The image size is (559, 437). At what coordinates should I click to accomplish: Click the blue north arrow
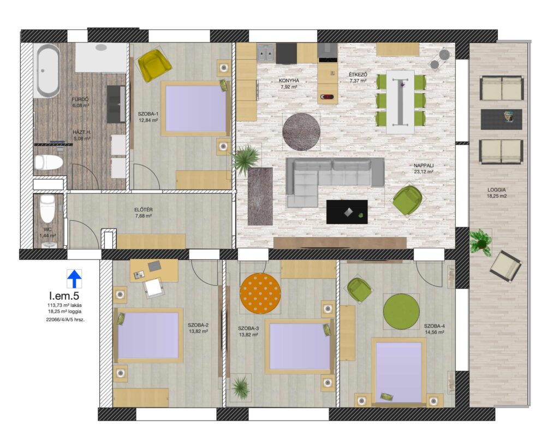(74, 279)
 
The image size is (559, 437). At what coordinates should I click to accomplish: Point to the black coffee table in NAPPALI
(347, 212)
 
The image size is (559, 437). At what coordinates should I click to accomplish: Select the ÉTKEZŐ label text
(358, 75)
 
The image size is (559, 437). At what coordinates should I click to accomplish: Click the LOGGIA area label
(497, 190)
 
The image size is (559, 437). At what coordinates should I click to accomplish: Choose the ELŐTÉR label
(144, 210)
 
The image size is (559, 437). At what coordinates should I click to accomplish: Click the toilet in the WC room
(47, 208)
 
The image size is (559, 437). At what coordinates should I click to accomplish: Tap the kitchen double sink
(266, 53)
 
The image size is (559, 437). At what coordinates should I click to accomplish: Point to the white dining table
(400, 102)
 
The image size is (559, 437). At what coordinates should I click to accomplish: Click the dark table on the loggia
(501, 120)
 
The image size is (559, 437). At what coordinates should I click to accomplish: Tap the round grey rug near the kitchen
(301, 132)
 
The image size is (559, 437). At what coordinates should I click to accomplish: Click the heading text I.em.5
(64, 296)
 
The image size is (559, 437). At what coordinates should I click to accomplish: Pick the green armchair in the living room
(408, 200)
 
